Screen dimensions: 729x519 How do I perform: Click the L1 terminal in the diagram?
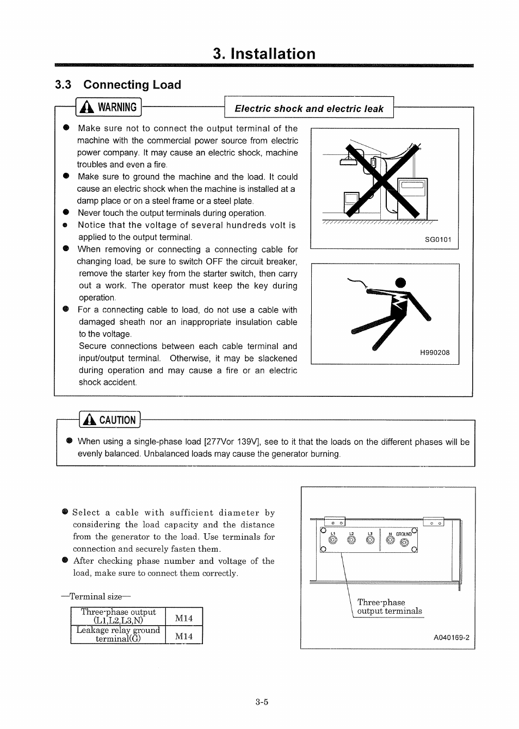(x=333, y=540)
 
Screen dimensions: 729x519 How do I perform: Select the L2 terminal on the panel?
(x=351, y=540)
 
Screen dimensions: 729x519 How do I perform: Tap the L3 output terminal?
(x=370, y=540)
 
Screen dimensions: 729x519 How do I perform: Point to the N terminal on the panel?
(x=390, y=540)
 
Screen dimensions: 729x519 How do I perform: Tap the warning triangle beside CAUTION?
(x=89, y=420)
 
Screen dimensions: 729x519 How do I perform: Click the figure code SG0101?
(x=438, y=240)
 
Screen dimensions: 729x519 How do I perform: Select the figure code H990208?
(x=435, y=353)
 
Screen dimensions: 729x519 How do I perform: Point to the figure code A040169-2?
(x=451, y=638)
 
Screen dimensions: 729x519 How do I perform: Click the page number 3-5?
(x=262, y=702)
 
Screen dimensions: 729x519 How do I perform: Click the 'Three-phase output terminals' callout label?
(x=388, y=607)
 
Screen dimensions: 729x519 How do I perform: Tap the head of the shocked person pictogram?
(x=400, y=282)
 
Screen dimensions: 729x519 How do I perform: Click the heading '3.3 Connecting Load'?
(x=118, y=85)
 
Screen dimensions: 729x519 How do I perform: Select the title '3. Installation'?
(x=264, y=54)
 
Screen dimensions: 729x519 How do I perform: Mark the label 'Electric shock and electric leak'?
(x=309, y=109)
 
